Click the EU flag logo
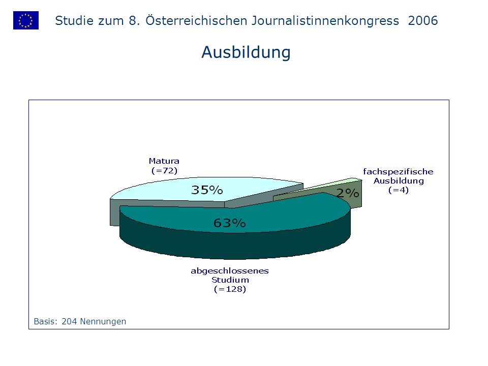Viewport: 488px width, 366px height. pyautogui.click(x=26, y=20)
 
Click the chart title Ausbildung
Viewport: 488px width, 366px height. pyautogui.click(x=246, y=52)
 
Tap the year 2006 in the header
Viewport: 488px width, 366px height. pyautogui.click(x=423, y=21)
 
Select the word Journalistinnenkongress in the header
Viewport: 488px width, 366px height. pyautogui.click(x=325, y=21)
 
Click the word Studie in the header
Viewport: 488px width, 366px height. pyautogui.click(x=74, y=21)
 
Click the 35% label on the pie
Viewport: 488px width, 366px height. pyautogui.click(x=207, y=190)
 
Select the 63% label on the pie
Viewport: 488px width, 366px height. pyautogui.click(x=230, y=223)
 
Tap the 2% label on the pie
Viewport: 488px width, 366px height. pyautogui.click(x=348, y=193)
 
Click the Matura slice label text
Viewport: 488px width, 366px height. pyautogui.click(x=164, y=161)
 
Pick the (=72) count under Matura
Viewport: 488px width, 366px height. pyautogui.click(x=164, y=171)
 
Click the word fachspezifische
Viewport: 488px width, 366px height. pyautogui.click(x=398, y=171)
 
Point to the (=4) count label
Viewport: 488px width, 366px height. pyautogui.click(x=399, y=190)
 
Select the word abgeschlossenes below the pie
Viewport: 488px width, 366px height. pyautogui.click(x=230, y=271)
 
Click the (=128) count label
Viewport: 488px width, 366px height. pyautogui.click(x=230, y=289)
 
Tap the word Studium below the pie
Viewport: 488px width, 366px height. pyautogui.click(x=230, y=280)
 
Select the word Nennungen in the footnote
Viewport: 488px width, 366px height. pyautogui.click(x=103, y=322)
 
